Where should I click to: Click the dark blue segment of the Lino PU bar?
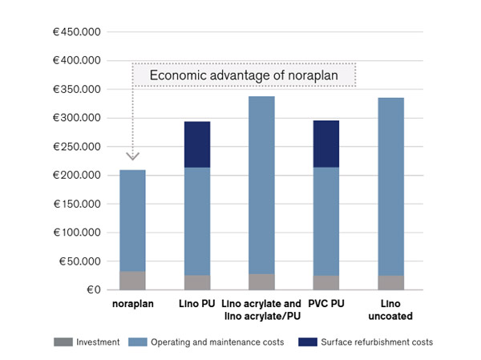tap(196, 145)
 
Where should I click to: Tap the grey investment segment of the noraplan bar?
tap(132, 281)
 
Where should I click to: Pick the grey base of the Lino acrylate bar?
tap(261, 281)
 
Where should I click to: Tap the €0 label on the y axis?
tap(87, 290)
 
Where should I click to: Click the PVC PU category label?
tap(326, 304)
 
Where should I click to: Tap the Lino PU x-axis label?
tap(196, 304)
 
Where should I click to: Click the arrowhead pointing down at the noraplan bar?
tap(133, 156)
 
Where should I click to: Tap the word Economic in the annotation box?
tap(176, 76)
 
